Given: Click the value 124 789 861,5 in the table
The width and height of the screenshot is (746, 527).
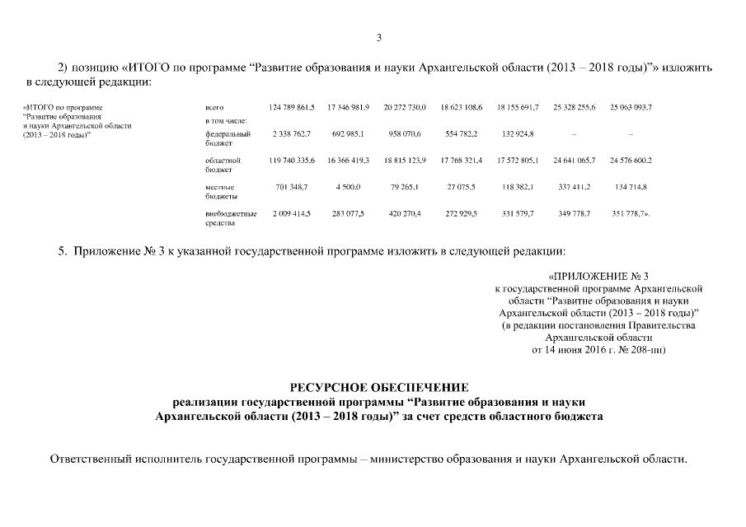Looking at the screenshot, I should point(292,108).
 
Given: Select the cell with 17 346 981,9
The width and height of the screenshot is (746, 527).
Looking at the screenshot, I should point(348,108).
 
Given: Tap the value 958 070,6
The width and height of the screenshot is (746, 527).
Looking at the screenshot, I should point(404,133).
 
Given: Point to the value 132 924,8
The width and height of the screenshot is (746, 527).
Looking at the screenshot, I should point(518,133).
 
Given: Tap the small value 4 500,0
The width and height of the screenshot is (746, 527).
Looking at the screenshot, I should point(348,187).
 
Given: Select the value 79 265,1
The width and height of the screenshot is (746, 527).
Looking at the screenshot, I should point(404,187).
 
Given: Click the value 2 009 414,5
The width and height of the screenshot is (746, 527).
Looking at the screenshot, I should point(292,214).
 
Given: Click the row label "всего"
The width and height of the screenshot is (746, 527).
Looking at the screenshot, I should point(213,108).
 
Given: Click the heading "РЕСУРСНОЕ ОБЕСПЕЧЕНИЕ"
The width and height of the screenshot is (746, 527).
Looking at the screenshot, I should point(379,387).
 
